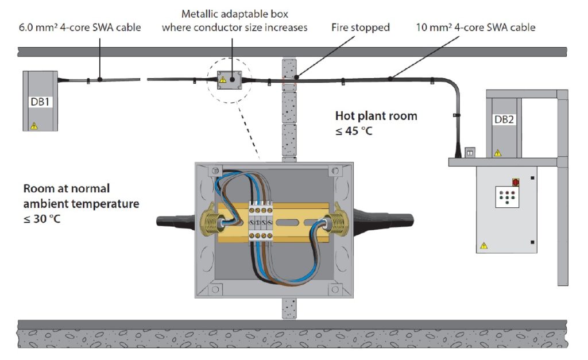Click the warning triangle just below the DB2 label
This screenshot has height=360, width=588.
click(497, 153)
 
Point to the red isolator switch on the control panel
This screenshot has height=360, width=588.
click(515, 182)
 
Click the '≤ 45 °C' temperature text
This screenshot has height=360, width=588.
click(354, 131)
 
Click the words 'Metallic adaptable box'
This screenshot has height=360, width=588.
click(235, 13)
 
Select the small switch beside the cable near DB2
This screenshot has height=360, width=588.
click(469, 152)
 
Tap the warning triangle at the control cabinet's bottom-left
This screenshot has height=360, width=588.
click(483, 246)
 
